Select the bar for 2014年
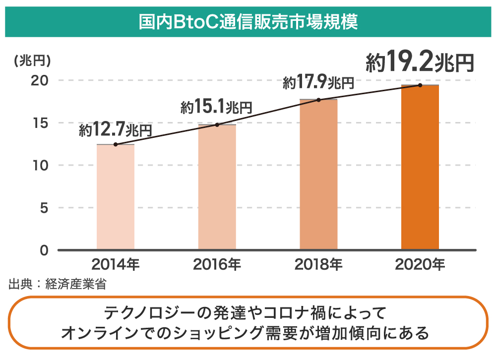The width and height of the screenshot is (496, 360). pos(116,197)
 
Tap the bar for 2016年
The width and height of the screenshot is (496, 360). pos(217,187)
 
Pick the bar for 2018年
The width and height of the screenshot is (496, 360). pos(318,175)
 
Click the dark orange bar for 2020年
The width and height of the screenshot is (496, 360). pos(420,167)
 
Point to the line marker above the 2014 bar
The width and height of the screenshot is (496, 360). pos(116,144)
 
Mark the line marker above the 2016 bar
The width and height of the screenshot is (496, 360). pos(217,124)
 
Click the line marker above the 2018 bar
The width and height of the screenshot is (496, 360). pos(318,100)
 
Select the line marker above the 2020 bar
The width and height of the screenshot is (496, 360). pos(420,85)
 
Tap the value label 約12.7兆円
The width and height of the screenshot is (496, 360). pos(115,130)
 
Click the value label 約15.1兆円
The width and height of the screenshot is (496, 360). pos(217,107)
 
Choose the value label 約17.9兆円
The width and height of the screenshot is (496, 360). pos(318,82)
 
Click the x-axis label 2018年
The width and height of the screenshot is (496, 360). pos(318,264)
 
